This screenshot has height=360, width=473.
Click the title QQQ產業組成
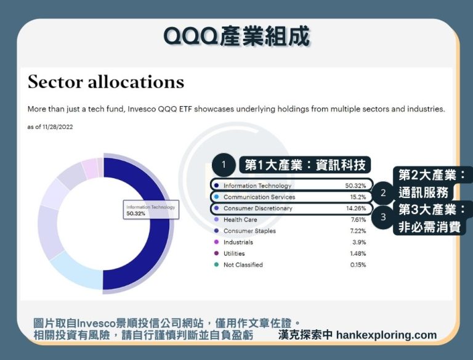[x=236, y=37]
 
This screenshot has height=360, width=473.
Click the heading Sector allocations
[x=105, y=82]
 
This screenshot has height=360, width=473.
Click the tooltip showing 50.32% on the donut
[x=150, y=210]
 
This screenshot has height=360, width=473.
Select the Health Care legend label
[x=241, y=219]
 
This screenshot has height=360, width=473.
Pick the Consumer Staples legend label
[x=249, y=231]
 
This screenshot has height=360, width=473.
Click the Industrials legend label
[x=238, y=242]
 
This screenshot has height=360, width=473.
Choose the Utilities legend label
[x=234, y=253]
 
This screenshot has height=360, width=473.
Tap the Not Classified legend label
[x=243, y=265]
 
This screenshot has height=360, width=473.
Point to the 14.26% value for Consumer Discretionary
[x=355, y=208]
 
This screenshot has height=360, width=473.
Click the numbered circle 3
[x=383, y=217]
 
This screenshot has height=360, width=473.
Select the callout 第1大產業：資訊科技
[x=305, y=165]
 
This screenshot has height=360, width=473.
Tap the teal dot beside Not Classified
[x=216, y=265]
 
